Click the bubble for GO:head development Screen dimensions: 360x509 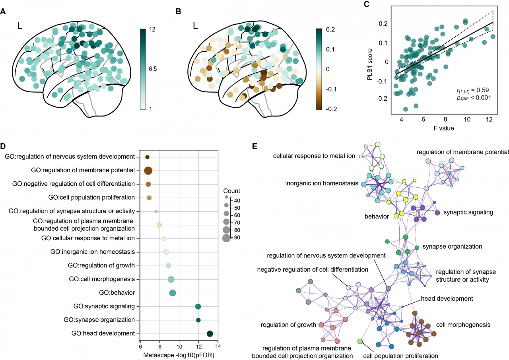click(210, 334)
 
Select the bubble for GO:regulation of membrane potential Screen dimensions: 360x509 click(148, 171)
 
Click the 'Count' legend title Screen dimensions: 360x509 click(232, 191)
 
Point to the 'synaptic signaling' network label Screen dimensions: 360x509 click(468, 212)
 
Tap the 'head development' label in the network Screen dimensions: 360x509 click(447, 298)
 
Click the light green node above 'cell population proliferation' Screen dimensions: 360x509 click(360, 341)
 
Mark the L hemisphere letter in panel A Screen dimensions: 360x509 click(20, 26)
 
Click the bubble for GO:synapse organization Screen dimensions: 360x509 click(198, 320)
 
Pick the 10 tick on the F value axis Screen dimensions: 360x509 click(467, 120)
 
